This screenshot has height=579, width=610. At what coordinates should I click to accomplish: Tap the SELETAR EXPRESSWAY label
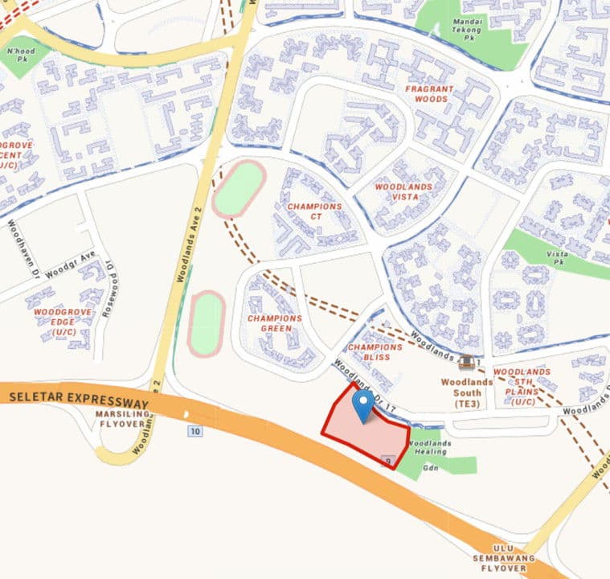point(80,400)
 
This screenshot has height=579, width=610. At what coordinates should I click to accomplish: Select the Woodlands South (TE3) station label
point(461,387)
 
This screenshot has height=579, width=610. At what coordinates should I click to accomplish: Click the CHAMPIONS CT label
point(314,211)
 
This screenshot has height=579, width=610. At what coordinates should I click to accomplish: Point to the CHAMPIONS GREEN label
point(275,323)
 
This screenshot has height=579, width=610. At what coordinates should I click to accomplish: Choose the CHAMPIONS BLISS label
point(375,351)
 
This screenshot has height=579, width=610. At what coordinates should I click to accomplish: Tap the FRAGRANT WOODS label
point(430,94)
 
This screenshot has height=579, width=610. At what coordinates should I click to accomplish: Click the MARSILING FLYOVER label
point(124,419)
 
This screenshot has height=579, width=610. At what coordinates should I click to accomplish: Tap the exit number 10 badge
point(195,432)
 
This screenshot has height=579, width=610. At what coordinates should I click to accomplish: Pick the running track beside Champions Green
point(205,324)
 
